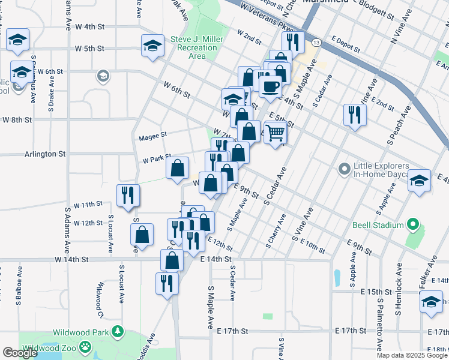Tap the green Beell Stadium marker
pos(412,225)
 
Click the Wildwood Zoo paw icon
pos(87,346)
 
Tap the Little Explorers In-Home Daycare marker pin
pos(344,170)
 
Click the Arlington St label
pos(44,154)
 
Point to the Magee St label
pos(152,136)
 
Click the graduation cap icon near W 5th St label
pos(152,45)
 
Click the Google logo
pos(20,352)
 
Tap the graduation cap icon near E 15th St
pos(431,303)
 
